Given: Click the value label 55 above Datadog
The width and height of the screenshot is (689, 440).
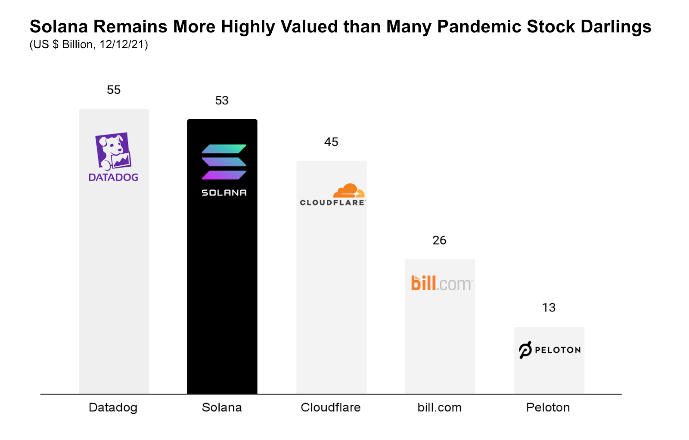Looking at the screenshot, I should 114,90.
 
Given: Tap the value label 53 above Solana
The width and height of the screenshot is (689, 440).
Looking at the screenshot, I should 222,101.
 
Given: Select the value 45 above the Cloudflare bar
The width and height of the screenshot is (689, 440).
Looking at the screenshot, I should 331,142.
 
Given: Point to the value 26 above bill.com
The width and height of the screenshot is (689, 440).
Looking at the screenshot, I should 439,240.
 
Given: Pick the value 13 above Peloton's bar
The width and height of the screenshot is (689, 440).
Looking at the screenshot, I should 549,308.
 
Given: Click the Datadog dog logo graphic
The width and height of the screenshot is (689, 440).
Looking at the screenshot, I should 113,151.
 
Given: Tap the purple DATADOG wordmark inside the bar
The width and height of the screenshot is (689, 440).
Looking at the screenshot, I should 113,177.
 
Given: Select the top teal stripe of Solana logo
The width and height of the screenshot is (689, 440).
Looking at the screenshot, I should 224,149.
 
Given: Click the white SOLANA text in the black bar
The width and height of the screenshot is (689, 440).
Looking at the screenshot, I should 224,193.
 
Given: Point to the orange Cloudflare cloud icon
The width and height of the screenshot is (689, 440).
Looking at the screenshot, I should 349,191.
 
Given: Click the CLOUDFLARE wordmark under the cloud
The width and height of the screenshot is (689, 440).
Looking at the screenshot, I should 332,203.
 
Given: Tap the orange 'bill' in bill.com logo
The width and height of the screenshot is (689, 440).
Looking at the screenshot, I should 423,283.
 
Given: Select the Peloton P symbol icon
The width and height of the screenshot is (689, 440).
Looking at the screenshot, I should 525,350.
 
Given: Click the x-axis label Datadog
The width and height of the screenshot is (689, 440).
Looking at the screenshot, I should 113,407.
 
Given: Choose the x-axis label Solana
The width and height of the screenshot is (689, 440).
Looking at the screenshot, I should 222,407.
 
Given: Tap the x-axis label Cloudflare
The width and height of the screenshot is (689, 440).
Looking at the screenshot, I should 330,407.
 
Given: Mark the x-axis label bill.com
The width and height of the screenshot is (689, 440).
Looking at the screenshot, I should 439,407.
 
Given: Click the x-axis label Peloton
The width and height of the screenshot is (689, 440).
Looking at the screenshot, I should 548,407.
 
